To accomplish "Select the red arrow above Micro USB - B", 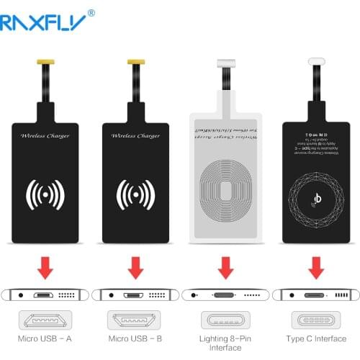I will [136, 269].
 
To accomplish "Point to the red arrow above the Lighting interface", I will [226, 269].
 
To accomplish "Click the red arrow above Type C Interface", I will [315, 269].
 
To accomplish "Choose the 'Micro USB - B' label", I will [136, 339].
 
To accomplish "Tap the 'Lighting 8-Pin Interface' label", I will [225, 343].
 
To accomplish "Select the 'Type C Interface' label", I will [315, 339].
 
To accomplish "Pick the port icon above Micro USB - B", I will [136, 320].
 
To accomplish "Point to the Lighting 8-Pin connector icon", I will [225, 320].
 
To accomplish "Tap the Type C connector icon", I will [315, 320].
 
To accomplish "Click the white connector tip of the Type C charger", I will [315, 63].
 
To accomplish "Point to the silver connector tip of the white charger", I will [226, 63].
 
